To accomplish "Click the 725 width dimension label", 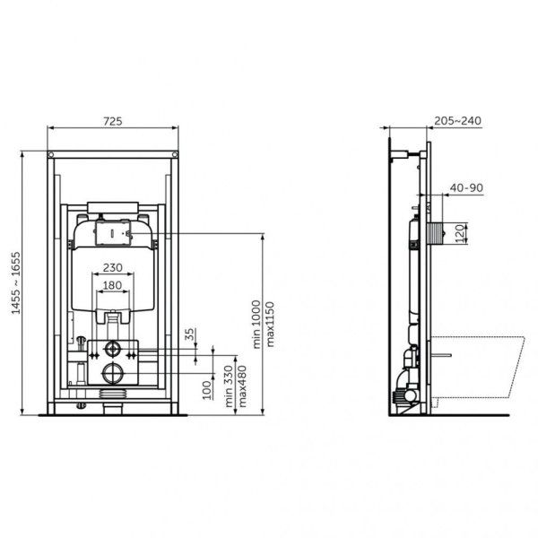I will (x=112, y=120).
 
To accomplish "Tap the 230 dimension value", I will (x=112, y=266).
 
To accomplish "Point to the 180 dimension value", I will (x=112, y=285).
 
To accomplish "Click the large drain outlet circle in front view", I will (x=113, y=372).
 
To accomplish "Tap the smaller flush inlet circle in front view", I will (x=113, y=348).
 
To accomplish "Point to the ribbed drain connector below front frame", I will (x=113, y=395).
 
